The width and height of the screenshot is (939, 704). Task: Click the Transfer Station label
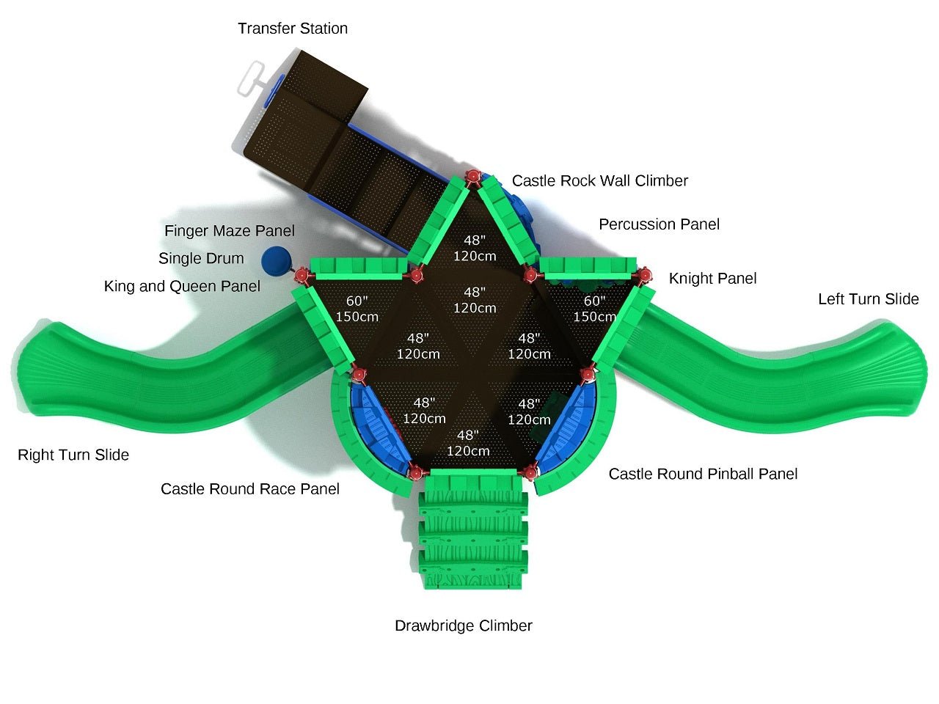[x=293, y=29]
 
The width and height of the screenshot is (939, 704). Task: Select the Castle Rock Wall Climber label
[x=599, y=181]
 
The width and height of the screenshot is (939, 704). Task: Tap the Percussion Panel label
[x=659, y=224]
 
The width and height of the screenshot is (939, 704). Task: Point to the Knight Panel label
[x=712, y=279]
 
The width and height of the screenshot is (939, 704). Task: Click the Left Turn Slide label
[x=868, y=299]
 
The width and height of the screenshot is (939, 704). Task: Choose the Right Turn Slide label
[x=73, y=455]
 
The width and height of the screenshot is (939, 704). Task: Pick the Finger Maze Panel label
[x=229, y=231]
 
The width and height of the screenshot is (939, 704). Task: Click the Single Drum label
[x=201, y=259]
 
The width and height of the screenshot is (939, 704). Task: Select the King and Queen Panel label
[x=182, y=287]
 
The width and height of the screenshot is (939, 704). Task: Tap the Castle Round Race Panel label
[x=250, y=489]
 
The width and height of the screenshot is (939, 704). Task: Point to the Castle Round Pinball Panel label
[x=703, y=474]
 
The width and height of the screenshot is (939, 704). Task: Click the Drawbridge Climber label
[x=463, y=626]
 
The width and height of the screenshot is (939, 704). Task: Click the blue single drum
[x=277, y=260]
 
